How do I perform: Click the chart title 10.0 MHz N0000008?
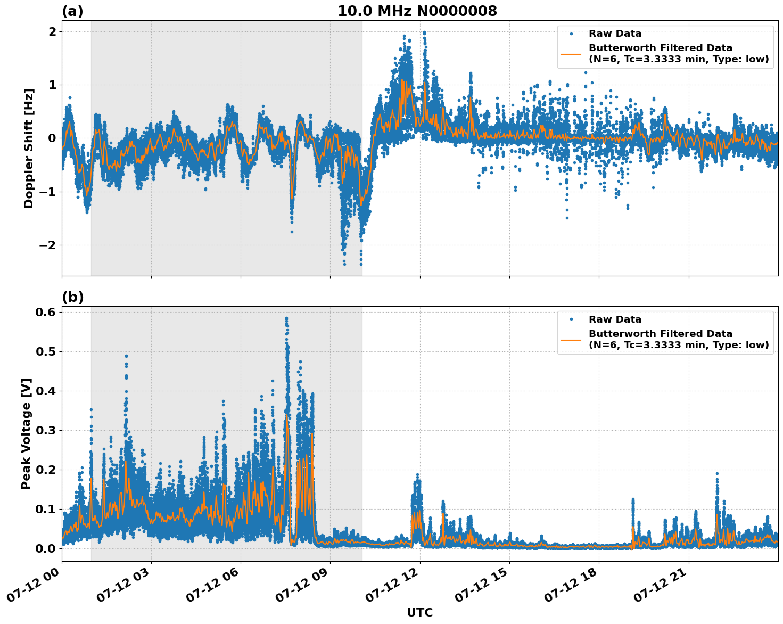click(417, 11)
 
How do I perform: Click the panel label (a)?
click(72, 11)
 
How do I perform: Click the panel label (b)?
click(72, 297)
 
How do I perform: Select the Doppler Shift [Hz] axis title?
click(29, 148)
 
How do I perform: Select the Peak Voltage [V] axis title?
click(26, 433)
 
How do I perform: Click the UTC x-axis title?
click(419, 612)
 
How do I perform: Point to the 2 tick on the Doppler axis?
click(52, 31)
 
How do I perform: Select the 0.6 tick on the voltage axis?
click(45, 312)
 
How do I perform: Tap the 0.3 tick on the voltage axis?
click(45, 430)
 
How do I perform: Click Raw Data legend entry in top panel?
click(615, 34)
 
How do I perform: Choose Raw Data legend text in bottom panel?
click(615, 319)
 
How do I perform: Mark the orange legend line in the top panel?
click(571, 53)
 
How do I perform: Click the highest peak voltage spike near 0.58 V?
click(286, 319)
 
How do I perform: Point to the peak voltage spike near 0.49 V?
click(126, 356)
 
